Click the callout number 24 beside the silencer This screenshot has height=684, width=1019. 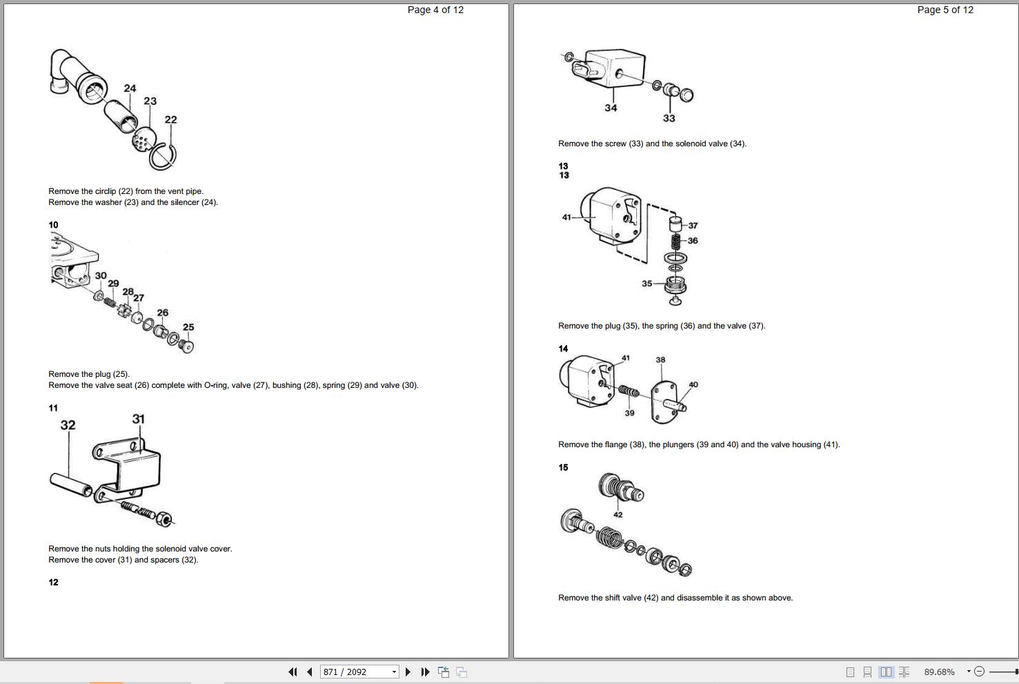[130, 88]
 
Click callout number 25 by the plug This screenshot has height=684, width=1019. [188, 327]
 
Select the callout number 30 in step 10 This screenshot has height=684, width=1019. [101, 276]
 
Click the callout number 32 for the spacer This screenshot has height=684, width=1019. [68, 425]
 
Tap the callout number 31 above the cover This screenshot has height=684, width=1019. [138, 419]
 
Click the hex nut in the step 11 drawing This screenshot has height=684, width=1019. [164, 519]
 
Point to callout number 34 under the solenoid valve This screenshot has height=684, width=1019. [611, 108]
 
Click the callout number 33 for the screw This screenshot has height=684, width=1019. [669, 118]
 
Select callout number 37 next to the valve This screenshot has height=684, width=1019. [693, 226]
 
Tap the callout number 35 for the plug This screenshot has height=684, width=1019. [647, 284]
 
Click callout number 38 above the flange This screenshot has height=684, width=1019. [660, 360]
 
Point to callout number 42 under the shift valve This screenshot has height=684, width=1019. [617, 515]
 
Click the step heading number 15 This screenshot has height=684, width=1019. [563, 467]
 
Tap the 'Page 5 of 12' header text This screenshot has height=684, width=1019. [945, 10]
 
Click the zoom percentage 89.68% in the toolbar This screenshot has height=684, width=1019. [940, 672]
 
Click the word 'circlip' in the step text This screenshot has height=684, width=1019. [105, 191]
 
